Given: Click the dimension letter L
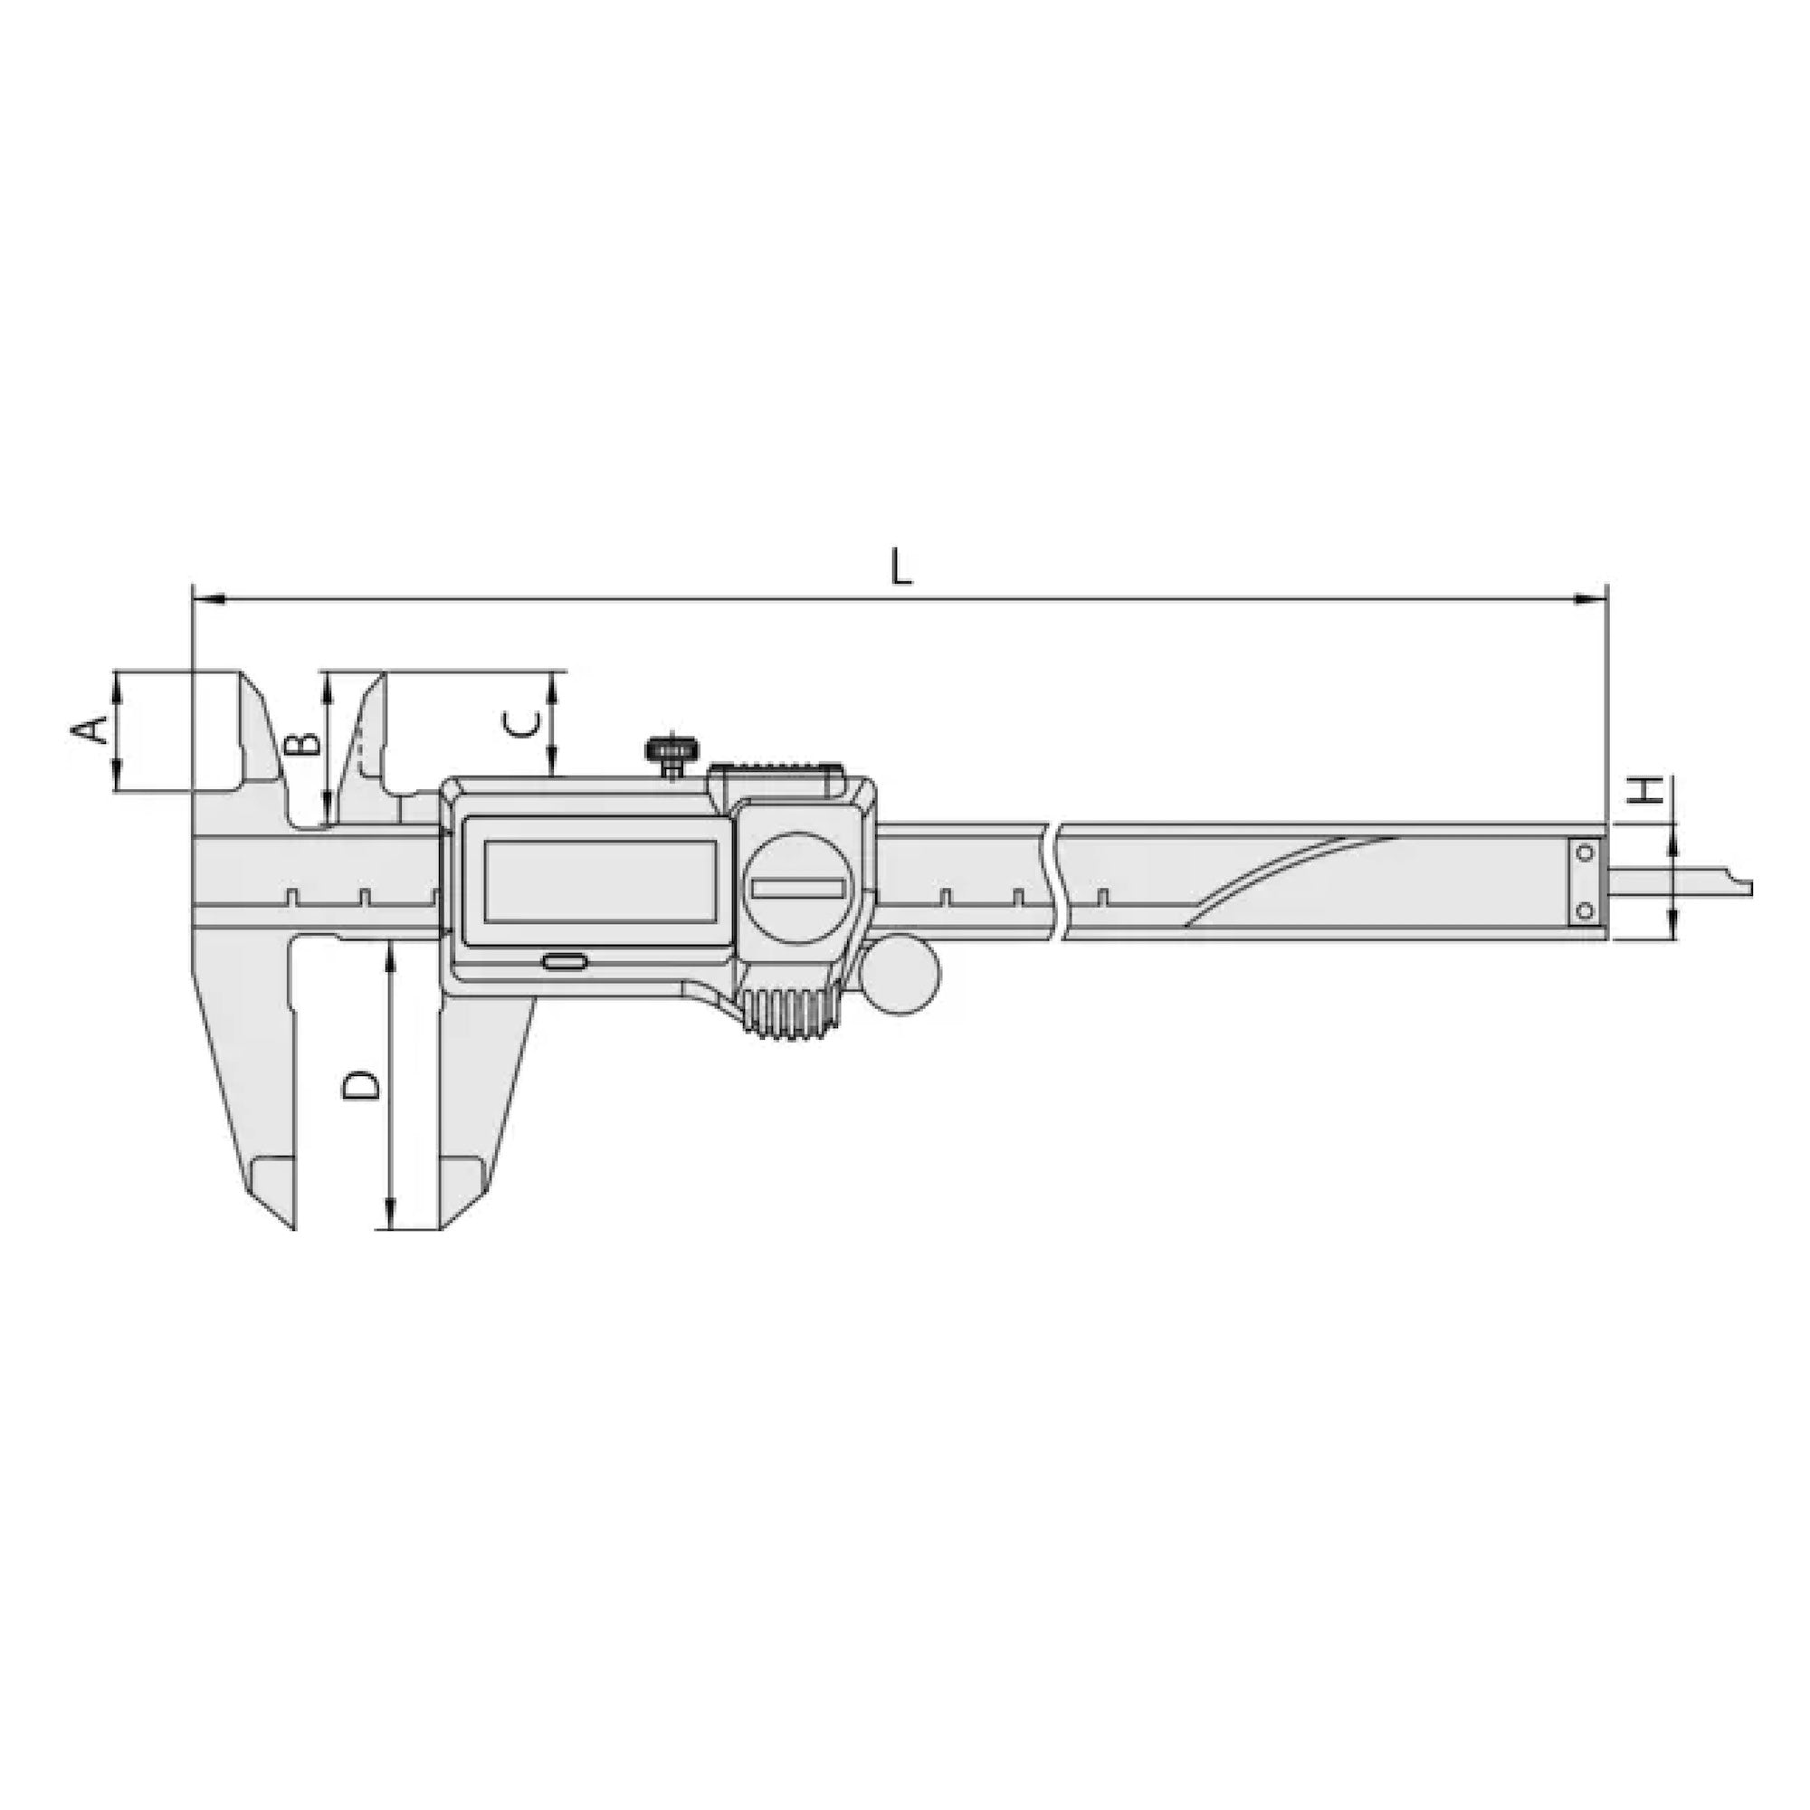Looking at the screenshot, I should pyautogui.click(x=900, y=567).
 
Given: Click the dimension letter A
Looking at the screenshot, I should pyautogui.click(x=90, y=729).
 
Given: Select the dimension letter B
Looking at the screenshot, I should pyautogui.click(x=301, y=745).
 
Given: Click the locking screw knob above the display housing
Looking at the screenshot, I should pyautogui.click(x=670, y=750).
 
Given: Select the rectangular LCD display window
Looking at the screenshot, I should pyautogui.click(x=601, y=881).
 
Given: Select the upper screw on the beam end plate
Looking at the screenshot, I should pyautogui.click(x=1586, y=853).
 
